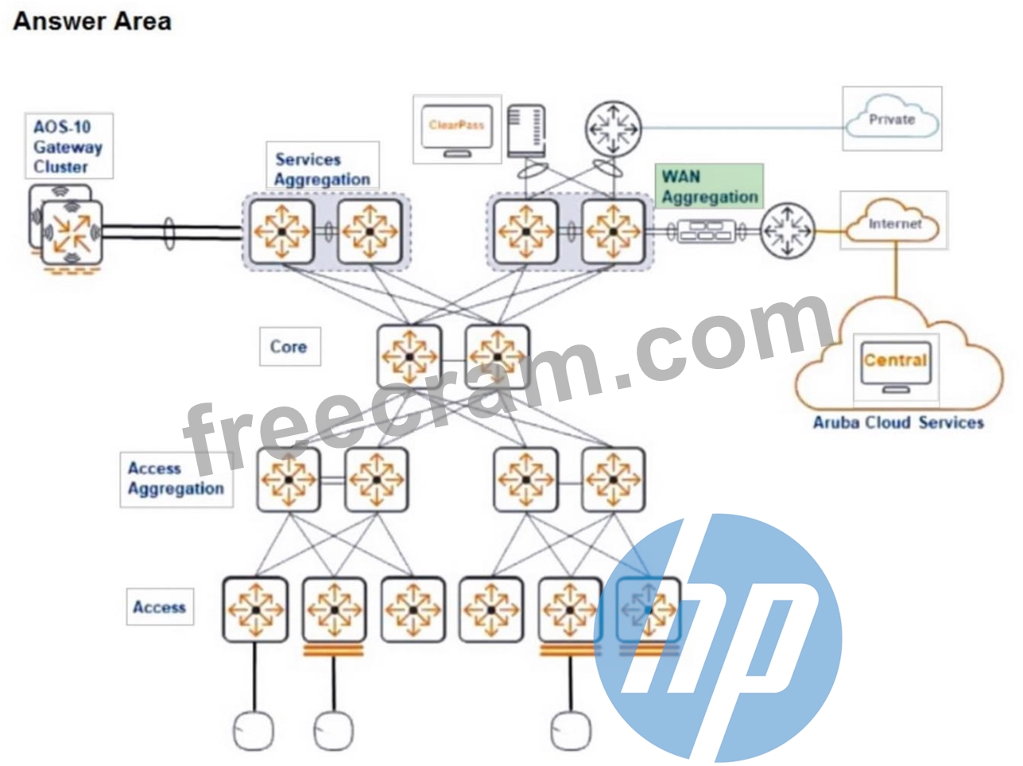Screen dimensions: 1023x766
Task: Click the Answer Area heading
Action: [92, 22]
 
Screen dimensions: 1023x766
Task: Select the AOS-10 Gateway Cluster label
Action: [68, 146]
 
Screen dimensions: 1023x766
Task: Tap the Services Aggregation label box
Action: [323, 165]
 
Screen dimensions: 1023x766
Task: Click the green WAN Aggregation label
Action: [709, 186]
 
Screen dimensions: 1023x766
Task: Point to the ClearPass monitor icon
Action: [457, 130]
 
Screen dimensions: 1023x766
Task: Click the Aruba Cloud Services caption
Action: [898, 422]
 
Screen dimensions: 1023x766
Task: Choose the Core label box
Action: [290, 346]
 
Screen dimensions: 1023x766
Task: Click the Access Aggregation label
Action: [176, 479]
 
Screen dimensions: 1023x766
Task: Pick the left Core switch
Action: [409, 356]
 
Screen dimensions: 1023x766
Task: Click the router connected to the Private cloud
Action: [613, 129]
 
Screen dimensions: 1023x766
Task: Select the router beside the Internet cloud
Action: [787, 231]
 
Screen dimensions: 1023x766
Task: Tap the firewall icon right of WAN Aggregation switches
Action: [706, 231]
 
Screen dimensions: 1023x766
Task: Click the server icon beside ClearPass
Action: [526, 130]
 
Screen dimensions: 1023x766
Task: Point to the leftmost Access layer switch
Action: [255, 609]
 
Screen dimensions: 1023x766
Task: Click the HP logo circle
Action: [718, 640]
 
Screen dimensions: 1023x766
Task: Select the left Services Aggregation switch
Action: [281, 231]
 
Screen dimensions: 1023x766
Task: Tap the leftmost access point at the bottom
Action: [253, 731]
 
